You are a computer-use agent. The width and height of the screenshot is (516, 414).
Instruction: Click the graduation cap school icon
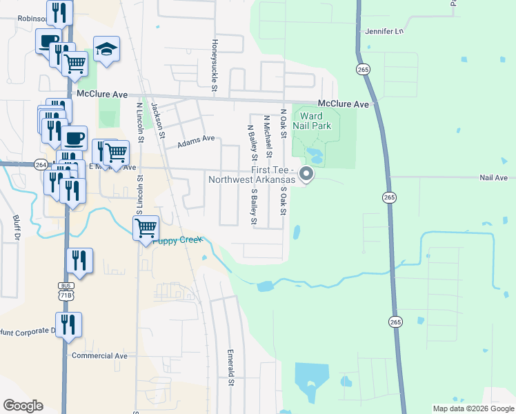[106, 49]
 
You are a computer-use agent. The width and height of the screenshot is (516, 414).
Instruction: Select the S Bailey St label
[254, 207]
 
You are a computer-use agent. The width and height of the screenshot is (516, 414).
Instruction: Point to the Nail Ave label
[493, 177]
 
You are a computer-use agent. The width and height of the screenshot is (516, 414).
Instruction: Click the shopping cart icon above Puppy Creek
[146, 227]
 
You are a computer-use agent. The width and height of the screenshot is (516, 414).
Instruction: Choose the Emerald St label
[232, 367]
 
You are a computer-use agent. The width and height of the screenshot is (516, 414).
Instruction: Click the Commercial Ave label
[100, 356]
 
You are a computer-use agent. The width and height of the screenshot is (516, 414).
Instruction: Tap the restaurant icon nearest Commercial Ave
[68, 324]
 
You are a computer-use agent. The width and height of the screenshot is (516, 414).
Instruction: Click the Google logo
[23, 406]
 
